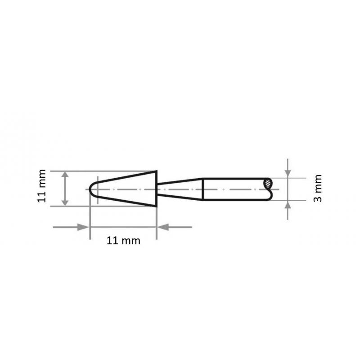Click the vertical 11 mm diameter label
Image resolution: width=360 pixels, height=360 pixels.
coord(42,186)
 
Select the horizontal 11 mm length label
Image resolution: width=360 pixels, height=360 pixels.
coord(123,241)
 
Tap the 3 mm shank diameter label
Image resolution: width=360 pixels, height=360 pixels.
coord(318,188)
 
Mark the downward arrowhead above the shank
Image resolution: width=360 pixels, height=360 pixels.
coord(288,173)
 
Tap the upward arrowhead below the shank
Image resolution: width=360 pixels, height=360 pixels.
coord(288,205)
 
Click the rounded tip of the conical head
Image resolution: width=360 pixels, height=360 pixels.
coord(91,189)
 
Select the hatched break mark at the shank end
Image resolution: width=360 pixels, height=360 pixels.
coord(269,183)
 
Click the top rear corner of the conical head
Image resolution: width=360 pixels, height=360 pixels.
coord(156,171)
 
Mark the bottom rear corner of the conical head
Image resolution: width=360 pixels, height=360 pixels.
coord(156,206)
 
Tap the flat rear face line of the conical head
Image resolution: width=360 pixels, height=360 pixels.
coord(157,189)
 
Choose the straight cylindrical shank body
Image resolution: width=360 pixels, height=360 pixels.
coord(234,189)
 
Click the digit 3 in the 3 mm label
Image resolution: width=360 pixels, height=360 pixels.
coord(318,198)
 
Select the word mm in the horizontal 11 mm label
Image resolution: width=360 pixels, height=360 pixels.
coord(131,241)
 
